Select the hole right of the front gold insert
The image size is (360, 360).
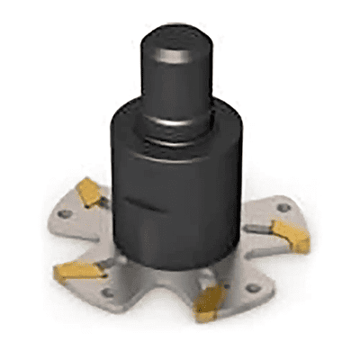[x=254, y=290]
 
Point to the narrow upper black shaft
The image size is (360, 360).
[x=175, y=85]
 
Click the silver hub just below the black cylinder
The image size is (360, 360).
[x=180, y=270]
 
